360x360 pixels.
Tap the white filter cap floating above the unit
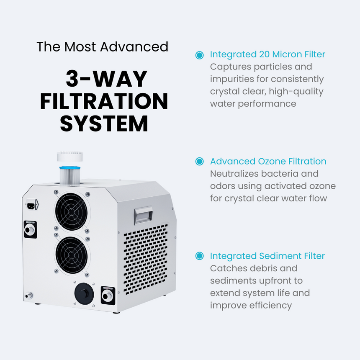[70, 157]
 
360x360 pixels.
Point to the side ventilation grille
[145, 260]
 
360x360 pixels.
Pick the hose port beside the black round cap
[107, 295]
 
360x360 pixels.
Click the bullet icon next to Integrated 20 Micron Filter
[200, 55]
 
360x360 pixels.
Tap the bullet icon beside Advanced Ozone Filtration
[200, 162]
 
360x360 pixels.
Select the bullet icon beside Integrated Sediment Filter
[200, 256]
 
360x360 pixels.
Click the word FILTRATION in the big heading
[104, 101]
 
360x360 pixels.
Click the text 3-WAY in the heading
[107, 79]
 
